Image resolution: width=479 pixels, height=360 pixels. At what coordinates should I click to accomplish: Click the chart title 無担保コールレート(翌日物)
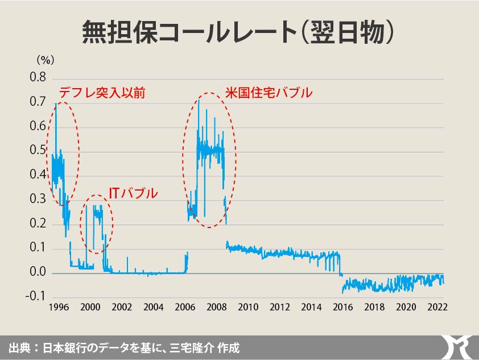coord(239,32)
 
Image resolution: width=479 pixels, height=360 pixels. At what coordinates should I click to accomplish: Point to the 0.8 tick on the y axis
coord(38,77)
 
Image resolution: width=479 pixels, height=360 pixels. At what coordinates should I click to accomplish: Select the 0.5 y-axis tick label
coord(38,151)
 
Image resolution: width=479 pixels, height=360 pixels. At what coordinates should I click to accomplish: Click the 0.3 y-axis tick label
coord(38,200)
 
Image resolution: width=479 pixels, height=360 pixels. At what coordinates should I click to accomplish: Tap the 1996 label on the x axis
coord(59,307)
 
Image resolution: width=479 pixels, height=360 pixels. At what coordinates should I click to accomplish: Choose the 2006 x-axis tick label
coord(185,307)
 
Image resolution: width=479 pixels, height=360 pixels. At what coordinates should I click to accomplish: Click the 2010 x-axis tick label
coord(248,307)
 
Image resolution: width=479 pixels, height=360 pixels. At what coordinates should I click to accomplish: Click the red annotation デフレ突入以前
coord(102,93)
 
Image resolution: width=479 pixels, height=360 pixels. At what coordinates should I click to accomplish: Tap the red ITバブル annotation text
coord(133,194)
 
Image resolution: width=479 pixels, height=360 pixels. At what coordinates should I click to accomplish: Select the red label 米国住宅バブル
coord(269,93)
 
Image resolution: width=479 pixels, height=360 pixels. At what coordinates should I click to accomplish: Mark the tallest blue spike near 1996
coord(55,104)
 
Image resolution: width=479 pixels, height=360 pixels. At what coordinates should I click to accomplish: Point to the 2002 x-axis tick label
coord(122,307)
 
